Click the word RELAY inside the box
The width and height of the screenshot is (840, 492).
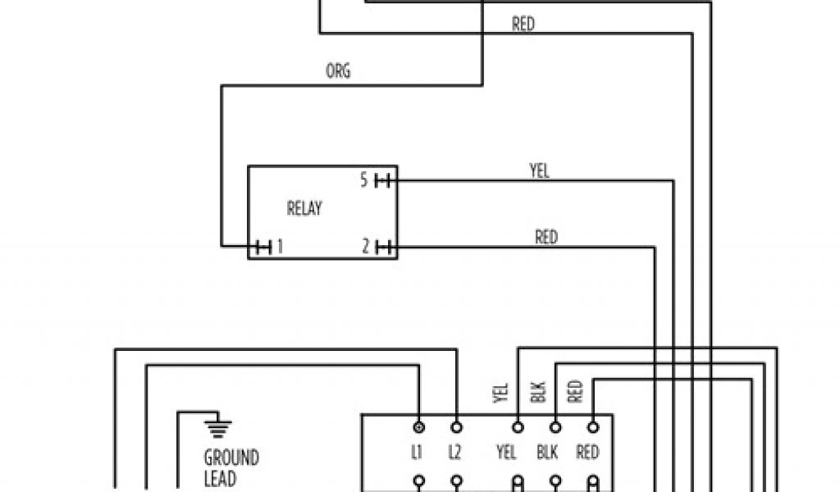click(304, 208)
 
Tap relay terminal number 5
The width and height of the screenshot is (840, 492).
click(364, 180)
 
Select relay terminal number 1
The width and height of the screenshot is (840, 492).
click(279, 246)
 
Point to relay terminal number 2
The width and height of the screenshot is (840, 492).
click(366, 246)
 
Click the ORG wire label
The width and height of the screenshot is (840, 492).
click(338, 71)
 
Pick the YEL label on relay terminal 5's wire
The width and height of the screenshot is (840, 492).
click(539, 171)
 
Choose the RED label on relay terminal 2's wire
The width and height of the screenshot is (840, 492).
click(546, 237)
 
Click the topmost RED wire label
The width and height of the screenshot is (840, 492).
click(523, 25)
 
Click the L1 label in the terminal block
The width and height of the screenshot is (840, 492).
click(418, 452)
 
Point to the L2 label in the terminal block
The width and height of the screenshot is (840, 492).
click(456, 452)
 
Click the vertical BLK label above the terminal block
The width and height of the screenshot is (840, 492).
click(538, 393)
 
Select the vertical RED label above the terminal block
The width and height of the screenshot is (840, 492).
click(575, 393)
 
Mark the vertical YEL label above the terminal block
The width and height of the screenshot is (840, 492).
click(501, 394)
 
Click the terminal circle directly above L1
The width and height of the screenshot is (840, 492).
click(419, 427)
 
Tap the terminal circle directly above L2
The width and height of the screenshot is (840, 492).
click(456, 427)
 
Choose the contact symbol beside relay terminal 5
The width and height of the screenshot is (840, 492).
click(382, 180)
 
